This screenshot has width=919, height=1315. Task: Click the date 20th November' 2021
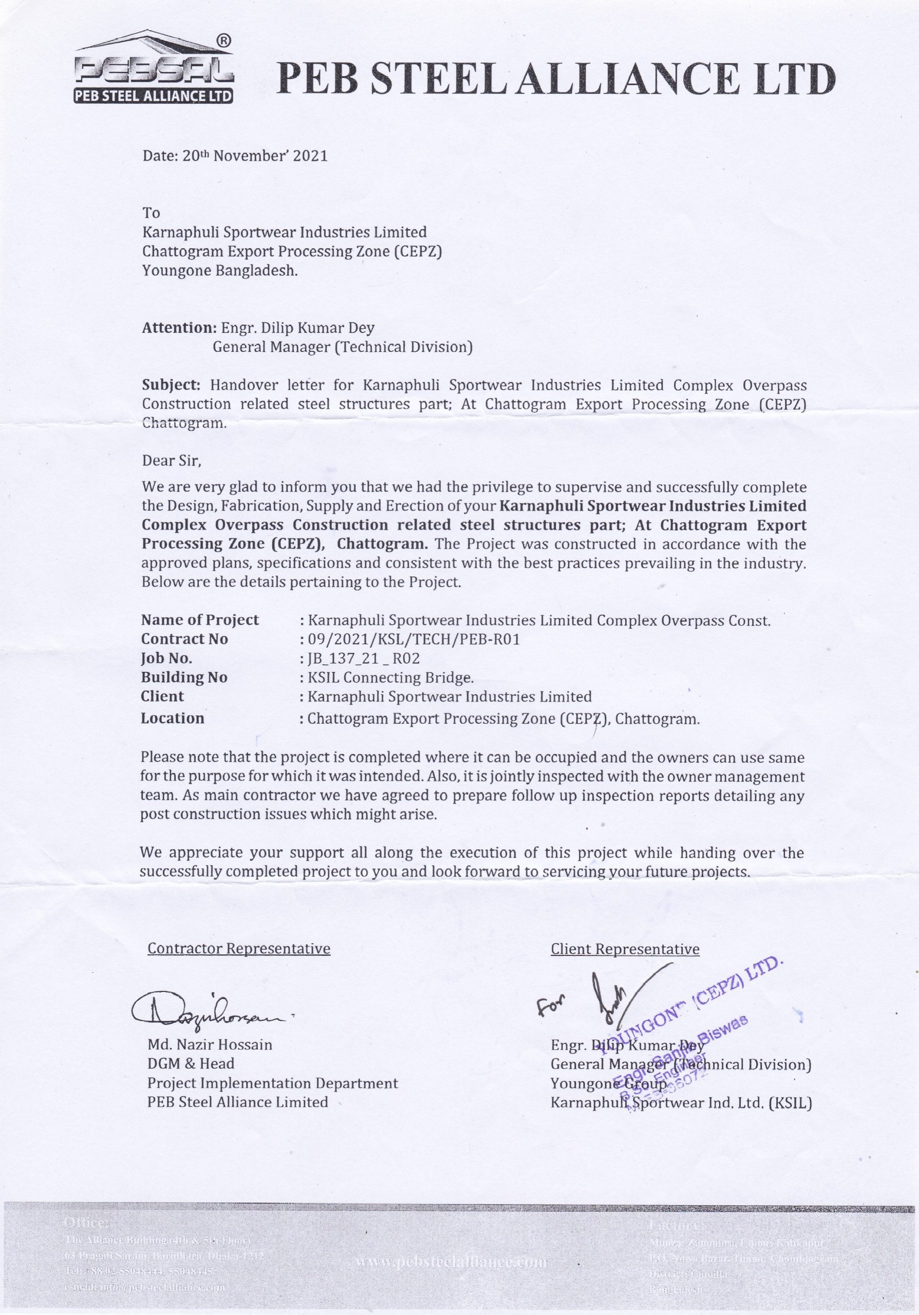click(x=235, y=156)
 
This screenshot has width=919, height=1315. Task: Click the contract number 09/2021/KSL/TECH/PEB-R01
click(x=414, y=639)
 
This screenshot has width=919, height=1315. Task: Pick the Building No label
click(x=184, y=678)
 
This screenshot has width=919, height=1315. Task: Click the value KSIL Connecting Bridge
click(x=391, y=678)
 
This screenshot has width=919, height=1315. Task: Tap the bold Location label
click(x=173, y=718)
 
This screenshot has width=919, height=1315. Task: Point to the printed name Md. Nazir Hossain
click(x=210, y=1045)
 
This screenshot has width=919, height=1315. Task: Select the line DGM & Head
click(x=191, y=1064)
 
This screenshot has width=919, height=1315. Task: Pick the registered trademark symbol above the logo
click(x=223, y=41)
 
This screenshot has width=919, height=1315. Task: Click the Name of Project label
click(x=200, y=621)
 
